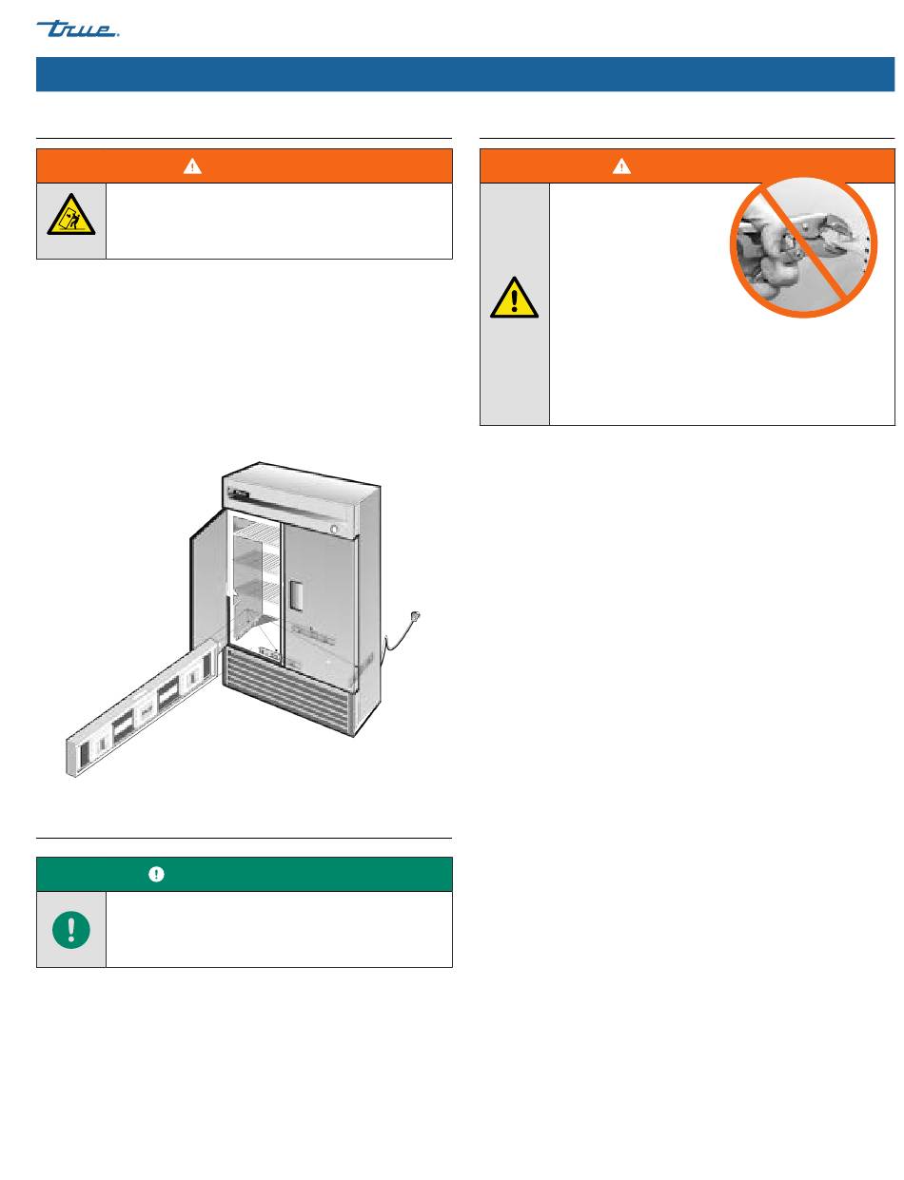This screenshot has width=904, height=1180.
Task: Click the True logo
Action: [77, 29]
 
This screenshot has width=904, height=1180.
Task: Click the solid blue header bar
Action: [465, 74]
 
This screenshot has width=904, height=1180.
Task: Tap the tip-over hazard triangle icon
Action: [71, 215]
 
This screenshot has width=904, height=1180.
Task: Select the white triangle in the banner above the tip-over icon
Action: [192, 166]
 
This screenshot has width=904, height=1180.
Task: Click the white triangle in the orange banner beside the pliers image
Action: [621, 166]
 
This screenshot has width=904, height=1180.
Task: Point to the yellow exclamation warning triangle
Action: [514, 298]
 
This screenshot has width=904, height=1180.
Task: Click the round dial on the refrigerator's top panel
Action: [334, 529]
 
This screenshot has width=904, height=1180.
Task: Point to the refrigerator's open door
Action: [208, 580]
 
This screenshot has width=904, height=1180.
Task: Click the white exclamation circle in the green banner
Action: [156, 874]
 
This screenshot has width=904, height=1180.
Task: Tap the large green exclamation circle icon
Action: [71, 930]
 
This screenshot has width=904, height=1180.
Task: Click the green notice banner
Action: [244, 874]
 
